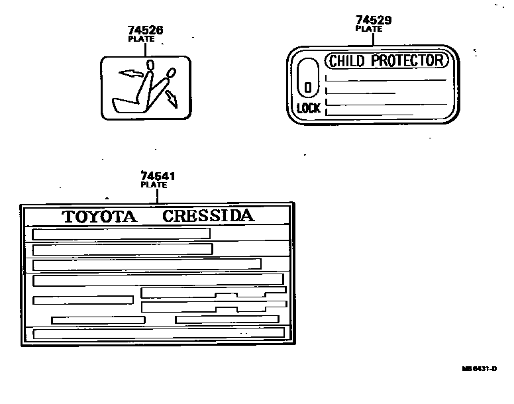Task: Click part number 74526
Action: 145,30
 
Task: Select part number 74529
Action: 373,21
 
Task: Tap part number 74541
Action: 154,176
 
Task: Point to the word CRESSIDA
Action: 208,216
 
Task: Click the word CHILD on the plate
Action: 347,61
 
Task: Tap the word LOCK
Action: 308,108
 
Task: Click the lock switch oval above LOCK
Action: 308,78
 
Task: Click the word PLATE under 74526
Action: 141,39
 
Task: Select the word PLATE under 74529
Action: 369,29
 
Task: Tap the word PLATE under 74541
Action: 154,185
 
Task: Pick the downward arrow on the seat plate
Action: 172,99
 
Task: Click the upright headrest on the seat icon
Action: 150,64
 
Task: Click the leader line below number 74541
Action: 157,196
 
